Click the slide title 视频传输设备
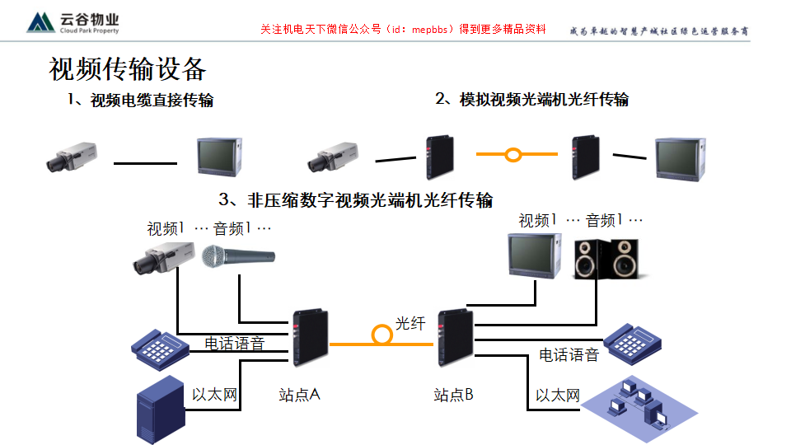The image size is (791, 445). (x=127, y=69)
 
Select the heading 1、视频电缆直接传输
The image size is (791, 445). (x=140, y=101)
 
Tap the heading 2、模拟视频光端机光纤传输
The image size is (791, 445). (x=531, y=100)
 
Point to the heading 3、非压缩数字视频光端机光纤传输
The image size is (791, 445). (x=356, y=200)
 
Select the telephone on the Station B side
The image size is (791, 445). (x=633, y=340)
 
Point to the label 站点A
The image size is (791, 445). (x=299, y=395)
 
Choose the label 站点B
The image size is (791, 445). (x=453, y=395)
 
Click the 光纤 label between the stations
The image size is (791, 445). (x=410, y=323)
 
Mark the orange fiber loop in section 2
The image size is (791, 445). (x=513, y=154)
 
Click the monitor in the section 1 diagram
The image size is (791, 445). (x=218, y=156)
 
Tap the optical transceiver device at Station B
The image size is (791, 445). (x=452, y=338)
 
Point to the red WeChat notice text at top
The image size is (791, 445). (x=403, y=29)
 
